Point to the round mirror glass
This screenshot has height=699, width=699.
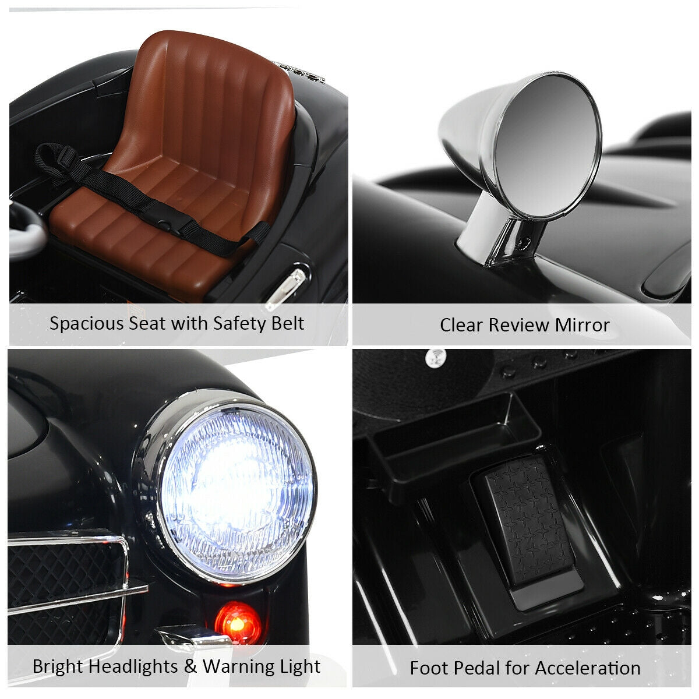coord(546,145)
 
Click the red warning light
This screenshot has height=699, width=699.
coord(238,623)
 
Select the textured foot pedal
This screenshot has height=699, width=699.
coord(530,524)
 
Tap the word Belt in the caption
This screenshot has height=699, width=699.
coord(288,323)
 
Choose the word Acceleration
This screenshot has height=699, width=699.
coord(588,668)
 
